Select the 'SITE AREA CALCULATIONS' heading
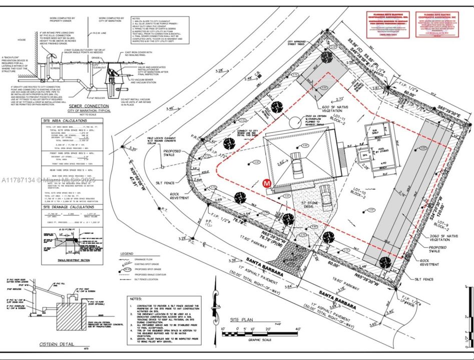click(67, 121)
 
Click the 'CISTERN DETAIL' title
click(57, 344)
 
